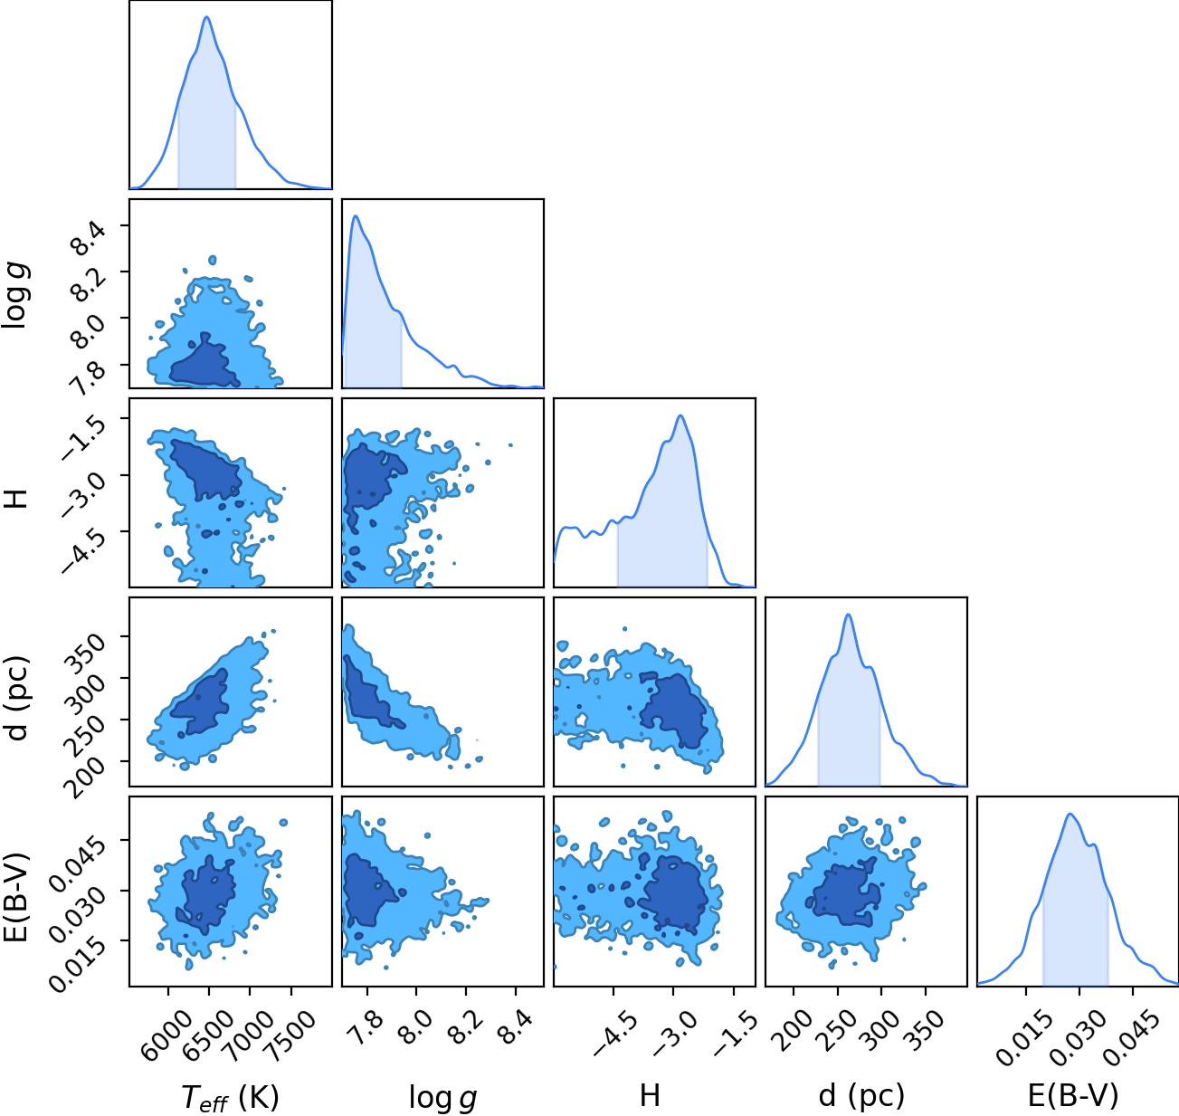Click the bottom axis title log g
coord(442,1097)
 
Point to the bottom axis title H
coord(650,1095)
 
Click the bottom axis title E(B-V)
coord(1073,1096)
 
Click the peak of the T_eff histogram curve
coord(207,17)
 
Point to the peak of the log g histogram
coord(356,216)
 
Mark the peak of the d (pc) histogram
coord(848,615)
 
